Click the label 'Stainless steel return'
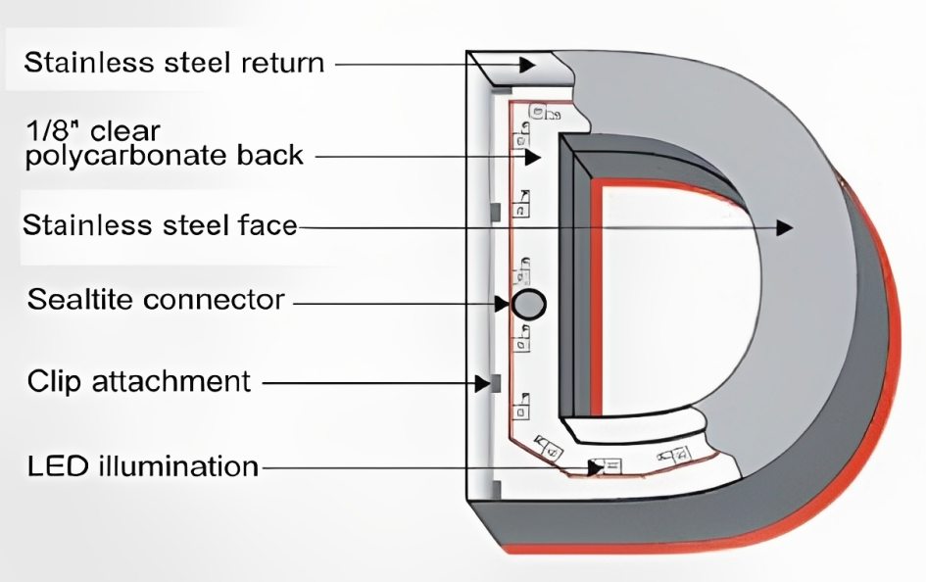pos(173,64)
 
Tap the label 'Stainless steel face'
pos(160,226)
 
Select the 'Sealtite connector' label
pos(156,300)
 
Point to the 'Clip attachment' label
pos(139,381)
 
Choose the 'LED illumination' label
pos(143,466)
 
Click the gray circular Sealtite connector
pos(528,304)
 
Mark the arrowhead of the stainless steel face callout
pos(784,227)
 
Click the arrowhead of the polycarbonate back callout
pos(533,156)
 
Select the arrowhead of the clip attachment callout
pos(481,382)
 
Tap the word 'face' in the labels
pos(266,226)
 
